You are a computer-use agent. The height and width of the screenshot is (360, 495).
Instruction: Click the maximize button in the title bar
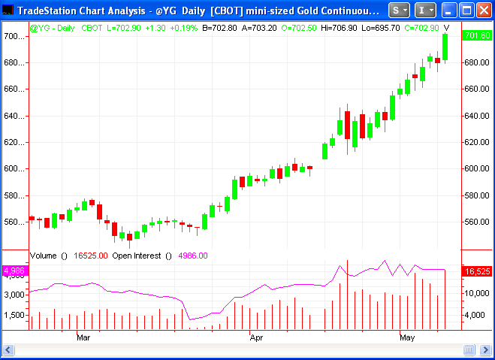466,11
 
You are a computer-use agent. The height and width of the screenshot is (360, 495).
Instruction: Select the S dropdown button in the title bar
401,11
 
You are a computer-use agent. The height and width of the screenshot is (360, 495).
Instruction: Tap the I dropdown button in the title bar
425,11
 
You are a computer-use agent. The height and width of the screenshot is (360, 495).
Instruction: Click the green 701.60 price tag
477,36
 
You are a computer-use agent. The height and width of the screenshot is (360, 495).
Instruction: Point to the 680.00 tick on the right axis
477,62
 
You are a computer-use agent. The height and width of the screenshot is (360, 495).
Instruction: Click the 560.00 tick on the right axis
477,222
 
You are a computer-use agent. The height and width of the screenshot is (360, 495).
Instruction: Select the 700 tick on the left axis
12,36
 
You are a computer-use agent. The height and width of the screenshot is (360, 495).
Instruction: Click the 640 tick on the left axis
12,116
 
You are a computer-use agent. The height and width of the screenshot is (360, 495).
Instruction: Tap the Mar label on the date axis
83,338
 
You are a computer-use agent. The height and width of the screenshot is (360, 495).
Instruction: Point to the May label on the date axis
407,338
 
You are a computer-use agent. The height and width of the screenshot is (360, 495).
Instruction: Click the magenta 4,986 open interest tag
14,271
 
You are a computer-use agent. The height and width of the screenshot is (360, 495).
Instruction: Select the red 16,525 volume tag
477,271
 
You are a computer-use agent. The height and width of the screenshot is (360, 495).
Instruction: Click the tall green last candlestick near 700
445,47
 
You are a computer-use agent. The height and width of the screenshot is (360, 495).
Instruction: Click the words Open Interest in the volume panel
137,256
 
